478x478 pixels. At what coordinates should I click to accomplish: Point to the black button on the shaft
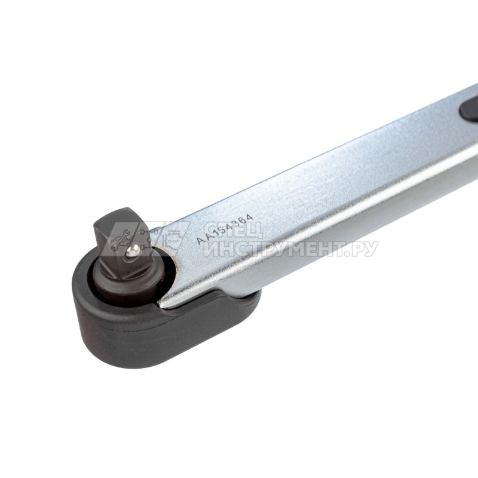click(470, 109)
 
